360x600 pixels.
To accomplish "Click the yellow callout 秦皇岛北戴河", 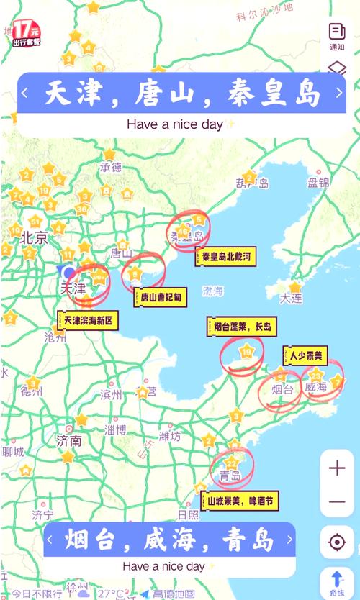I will pos(225,256).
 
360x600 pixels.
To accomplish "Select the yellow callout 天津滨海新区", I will pos(88,320).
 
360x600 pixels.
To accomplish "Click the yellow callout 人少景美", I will pos(306,354).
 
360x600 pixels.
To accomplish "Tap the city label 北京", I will pos(35,238).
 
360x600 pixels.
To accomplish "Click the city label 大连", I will pos(291,297).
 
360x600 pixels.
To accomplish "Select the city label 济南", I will pos(69,440).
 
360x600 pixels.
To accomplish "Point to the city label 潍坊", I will pos(171,436).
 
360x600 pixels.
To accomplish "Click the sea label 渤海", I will pos(213,291).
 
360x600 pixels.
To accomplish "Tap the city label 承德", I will pos(111,168).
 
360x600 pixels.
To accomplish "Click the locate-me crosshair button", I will pos(337,542).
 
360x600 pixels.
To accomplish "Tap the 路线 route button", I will pos(337,581).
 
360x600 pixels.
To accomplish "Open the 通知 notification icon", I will pos(337,36).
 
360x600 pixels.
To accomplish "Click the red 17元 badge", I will pos(26,33).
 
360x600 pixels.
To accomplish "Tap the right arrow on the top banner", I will pos(339,93).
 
